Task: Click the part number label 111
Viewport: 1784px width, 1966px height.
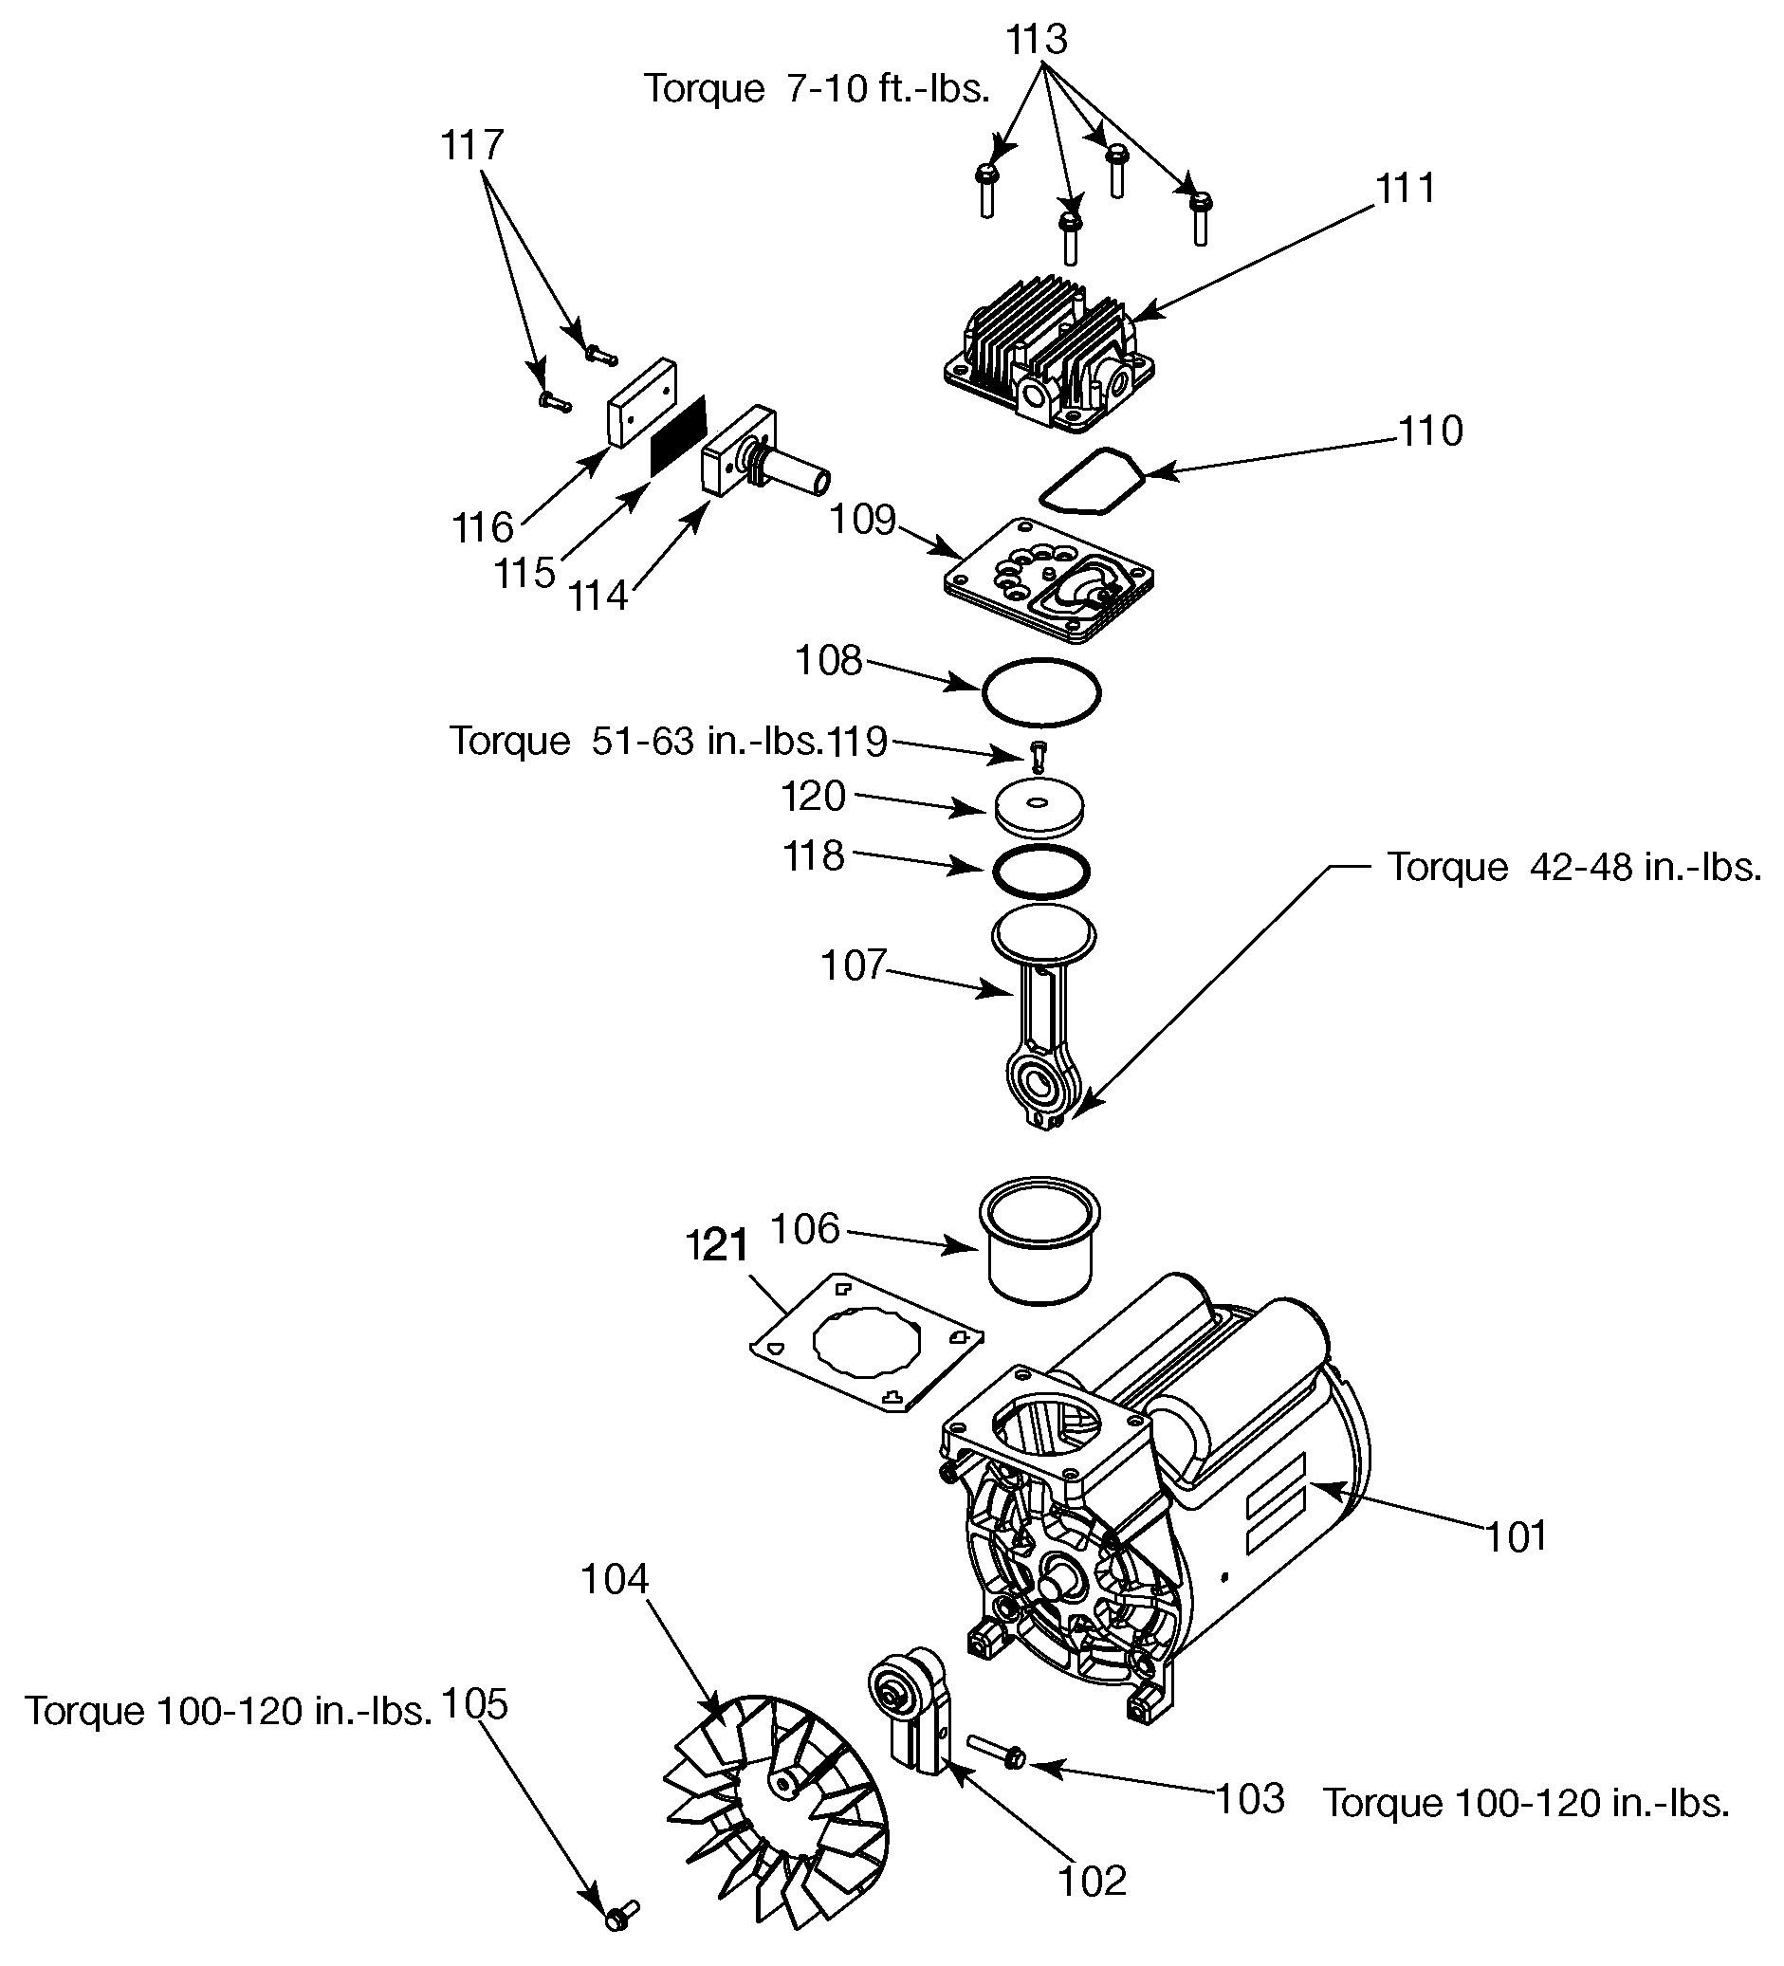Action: coord(1406,188)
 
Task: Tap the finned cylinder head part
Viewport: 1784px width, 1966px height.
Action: coord(1050,357)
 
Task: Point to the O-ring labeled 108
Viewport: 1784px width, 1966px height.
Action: coord(1040,692)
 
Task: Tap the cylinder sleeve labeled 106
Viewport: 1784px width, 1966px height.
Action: coord(1039,1239)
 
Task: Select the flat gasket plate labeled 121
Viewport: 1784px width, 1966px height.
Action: coord(866,1342)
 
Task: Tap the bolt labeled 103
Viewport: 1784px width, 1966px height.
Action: coord(995,1753)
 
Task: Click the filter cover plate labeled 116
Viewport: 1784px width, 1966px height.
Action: coord(643,402)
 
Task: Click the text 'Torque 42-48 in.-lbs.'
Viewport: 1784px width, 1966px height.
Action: coord(1574,867)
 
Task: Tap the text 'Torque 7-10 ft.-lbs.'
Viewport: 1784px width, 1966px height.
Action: coord(817,89)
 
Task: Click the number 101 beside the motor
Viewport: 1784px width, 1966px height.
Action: coord(1517,1537)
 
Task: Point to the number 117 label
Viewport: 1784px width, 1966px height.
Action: coord(472,145)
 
